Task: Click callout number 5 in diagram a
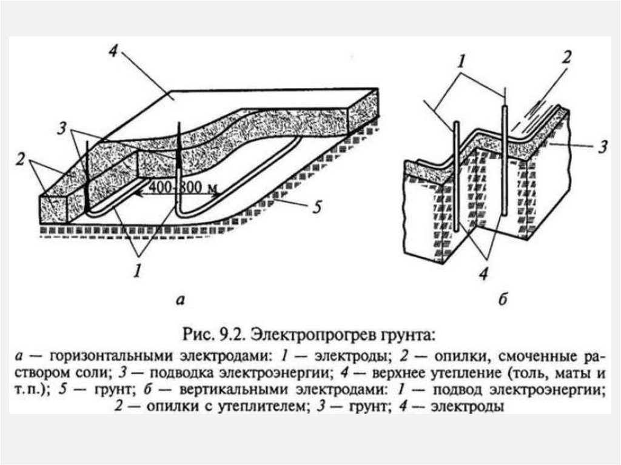(317, 207)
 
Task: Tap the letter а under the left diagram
(180, 301)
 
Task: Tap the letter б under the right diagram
(503, 299)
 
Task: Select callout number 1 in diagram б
(461, 62)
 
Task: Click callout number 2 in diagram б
(567, 58)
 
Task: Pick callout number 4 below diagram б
(483, 273)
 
